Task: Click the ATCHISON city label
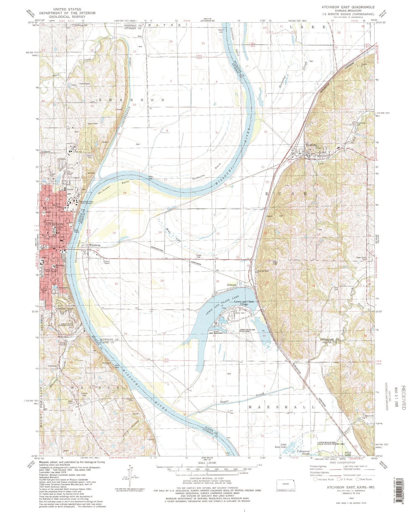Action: tap(54, 224)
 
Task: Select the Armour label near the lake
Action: tap(232, 285)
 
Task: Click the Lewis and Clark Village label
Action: tap(244, 303)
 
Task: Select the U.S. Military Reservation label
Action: tap(66, 325)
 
